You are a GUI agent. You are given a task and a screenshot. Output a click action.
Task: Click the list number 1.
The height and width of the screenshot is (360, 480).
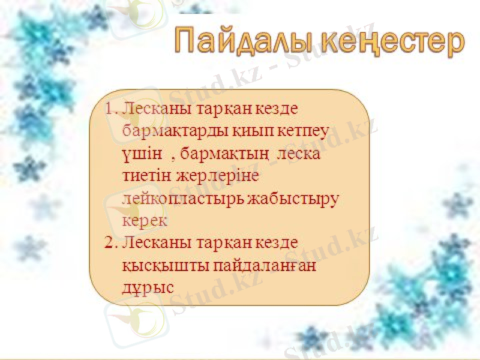click(x=110, y=110)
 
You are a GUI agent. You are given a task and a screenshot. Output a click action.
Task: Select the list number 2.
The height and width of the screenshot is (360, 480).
click(x=110, y=243)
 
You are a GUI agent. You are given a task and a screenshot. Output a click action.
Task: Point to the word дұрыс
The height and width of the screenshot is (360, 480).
click(x=148, y=287)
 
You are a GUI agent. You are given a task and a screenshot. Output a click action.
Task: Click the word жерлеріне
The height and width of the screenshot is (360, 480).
click(x=216, y=176)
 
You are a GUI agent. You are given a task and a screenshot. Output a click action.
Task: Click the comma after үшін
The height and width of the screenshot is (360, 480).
click(x=173, y=157)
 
